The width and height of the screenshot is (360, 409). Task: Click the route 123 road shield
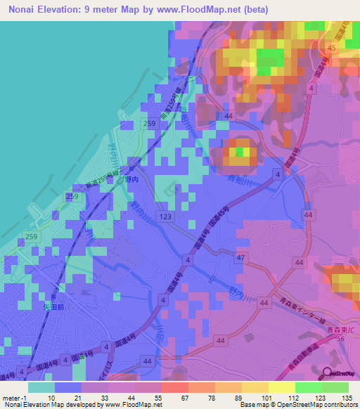point(165,219)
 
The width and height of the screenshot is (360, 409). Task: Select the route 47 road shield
point(241,259)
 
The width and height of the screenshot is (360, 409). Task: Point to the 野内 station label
point(133,180)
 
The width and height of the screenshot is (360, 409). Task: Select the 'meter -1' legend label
point(14,397)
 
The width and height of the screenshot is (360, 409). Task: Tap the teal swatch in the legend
point(41,387)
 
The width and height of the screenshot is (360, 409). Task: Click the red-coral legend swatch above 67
point(174,387)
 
